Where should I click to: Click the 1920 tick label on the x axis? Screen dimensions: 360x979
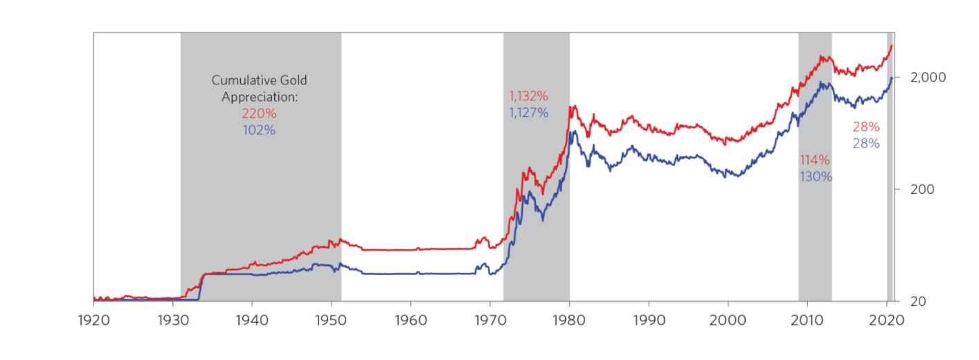click(93, 321)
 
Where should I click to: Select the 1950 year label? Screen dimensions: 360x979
click(332, 321)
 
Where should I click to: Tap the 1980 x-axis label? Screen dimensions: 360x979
click(570, 321)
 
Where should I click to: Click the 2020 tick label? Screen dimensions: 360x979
click(887, 321)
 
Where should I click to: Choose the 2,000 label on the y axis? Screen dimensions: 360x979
click(928, 77)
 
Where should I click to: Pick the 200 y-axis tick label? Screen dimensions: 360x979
click(922, 189)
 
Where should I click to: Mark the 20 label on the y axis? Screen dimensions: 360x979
click(918, 301)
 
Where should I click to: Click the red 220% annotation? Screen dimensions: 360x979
click(260, 113)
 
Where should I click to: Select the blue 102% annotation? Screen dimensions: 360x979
click(260, 129)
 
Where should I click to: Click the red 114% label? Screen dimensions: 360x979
click(815, 160)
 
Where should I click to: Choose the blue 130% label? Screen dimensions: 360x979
click(816, 176)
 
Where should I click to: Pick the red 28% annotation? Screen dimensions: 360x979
click(866, 127)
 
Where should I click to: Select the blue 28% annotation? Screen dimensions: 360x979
click(866, 143)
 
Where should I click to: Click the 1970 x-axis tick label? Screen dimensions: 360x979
click(490, 321)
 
